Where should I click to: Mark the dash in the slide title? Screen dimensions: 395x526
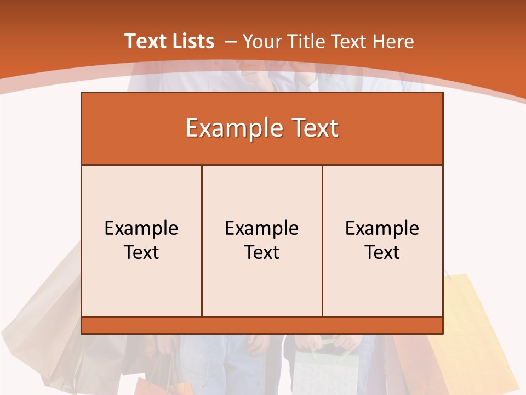click(231, 42)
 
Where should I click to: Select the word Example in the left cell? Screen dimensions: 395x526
click(141, 228)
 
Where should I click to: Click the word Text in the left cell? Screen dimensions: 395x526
click(141, 252)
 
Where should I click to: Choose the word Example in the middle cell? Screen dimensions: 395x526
click(262, 228)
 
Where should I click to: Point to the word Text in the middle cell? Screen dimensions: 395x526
click(262, 252)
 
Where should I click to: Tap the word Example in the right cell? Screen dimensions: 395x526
click(382, 228)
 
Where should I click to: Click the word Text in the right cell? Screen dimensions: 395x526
click(382, 252)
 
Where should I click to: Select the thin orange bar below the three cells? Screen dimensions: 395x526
click(262, 325)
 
